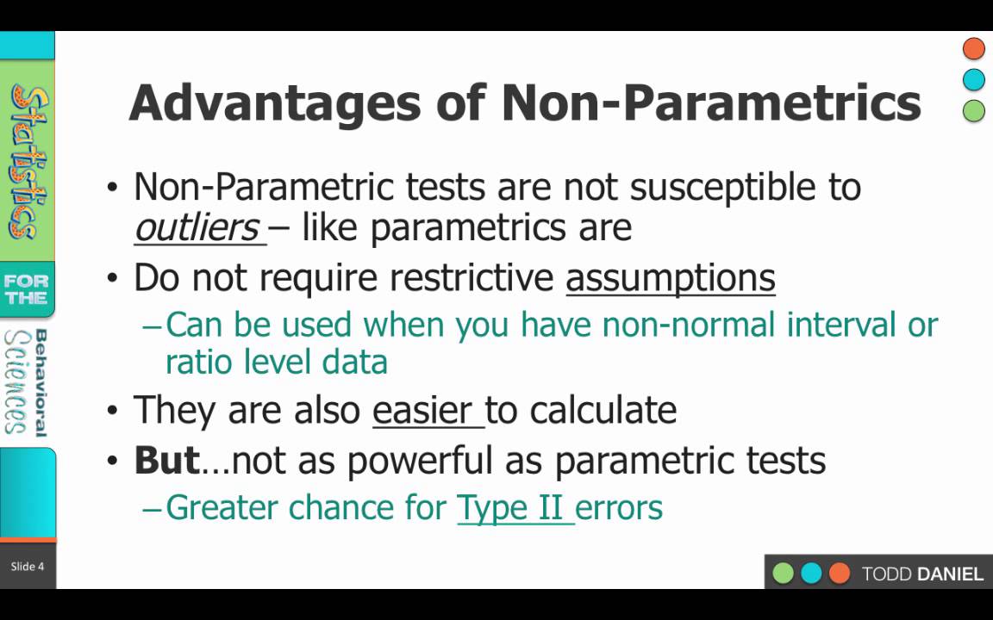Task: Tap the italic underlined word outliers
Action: click(197, 227)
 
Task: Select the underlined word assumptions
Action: click(670, 278)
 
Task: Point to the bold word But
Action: click(166, 461)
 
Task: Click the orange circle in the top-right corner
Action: click(973, 48)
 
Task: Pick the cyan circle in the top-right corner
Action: click(973, 80)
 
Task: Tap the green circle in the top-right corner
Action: click(973, 110)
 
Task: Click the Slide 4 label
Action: click(27, 566)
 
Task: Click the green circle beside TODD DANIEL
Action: click(783, 573)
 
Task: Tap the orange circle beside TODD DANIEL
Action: click(838, 573)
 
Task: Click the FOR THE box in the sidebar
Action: click(26, 289)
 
